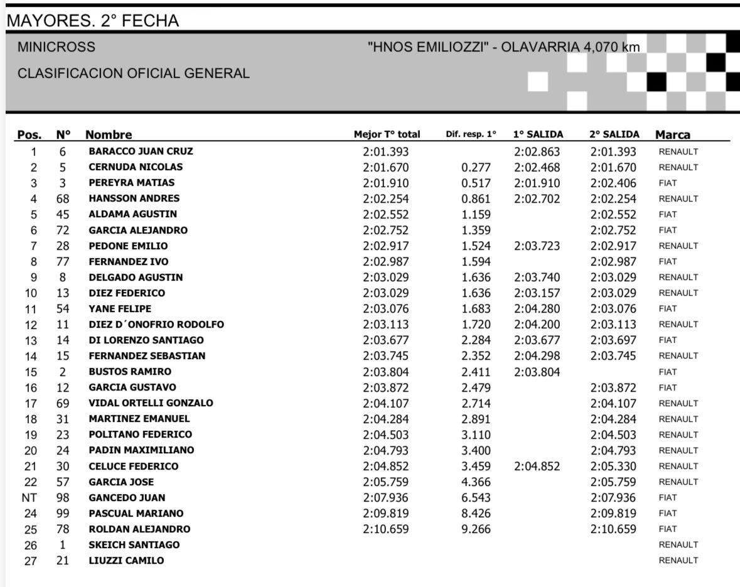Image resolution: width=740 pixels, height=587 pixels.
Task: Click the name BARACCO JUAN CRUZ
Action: tap(141, 151)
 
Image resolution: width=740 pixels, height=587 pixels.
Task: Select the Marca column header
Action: tap(673, 134)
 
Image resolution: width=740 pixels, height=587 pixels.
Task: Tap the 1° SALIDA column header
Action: tap(538, 134)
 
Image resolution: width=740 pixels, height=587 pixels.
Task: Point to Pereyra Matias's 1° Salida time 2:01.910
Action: tap(537, 183)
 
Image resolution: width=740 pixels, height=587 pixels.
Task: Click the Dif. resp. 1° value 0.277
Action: tap(475, 168)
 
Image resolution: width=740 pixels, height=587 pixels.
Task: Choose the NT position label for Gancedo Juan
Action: tap(34, 498)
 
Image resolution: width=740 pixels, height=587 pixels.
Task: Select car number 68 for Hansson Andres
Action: tap(62, 199)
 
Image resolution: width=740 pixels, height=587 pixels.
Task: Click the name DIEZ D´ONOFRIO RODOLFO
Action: tap(156, 325)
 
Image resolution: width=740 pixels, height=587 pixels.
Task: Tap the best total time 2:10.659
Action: tap(386, 529)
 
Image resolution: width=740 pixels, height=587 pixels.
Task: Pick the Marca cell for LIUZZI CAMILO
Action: tap(678, 561)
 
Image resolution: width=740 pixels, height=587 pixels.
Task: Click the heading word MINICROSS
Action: tap(56, 47)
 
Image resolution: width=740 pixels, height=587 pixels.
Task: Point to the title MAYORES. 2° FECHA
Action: tap(92, 21)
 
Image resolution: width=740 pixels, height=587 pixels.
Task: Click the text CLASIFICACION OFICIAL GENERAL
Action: tap(134, 73)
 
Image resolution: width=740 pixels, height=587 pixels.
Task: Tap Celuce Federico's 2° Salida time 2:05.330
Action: tap(613, 466)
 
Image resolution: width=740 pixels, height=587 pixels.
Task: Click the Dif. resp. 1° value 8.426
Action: tap(475, 514)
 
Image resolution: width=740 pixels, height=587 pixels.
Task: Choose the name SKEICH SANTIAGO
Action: tap(134, 545)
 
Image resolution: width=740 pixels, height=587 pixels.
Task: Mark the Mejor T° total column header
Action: tap(387, 134)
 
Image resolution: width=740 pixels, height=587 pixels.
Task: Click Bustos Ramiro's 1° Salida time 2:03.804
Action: tap(537, 372)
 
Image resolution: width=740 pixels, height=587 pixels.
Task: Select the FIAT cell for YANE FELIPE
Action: tap(668, 309)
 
